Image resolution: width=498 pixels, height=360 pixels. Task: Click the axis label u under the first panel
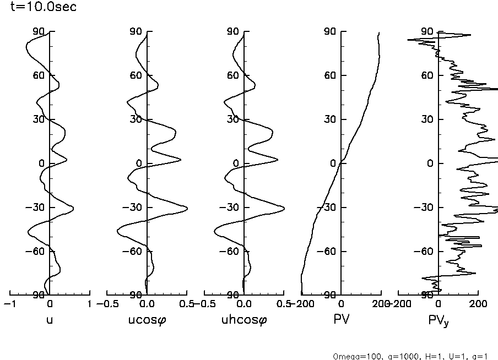pyautogui.click(x=50, y=319)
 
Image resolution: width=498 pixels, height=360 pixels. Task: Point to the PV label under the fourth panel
pyautogui.click(x=342, y=319)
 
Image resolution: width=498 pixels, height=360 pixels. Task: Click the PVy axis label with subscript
pyautogui.click(x=439, y=320)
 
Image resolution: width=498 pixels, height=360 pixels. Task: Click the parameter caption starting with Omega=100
pyautogui.click(x=411, y=356)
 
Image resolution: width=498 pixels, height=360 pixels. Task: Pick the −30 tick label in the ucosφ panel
pyautogui.click(x=134, y=208)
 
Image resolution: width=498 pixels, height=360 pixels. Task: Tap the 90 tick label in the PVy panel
pyautogui.click(x=427, y=31)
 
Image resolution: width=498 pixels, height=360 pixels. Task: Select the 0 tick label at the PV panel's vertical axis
pyautogui.click(x=334, y=163)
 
